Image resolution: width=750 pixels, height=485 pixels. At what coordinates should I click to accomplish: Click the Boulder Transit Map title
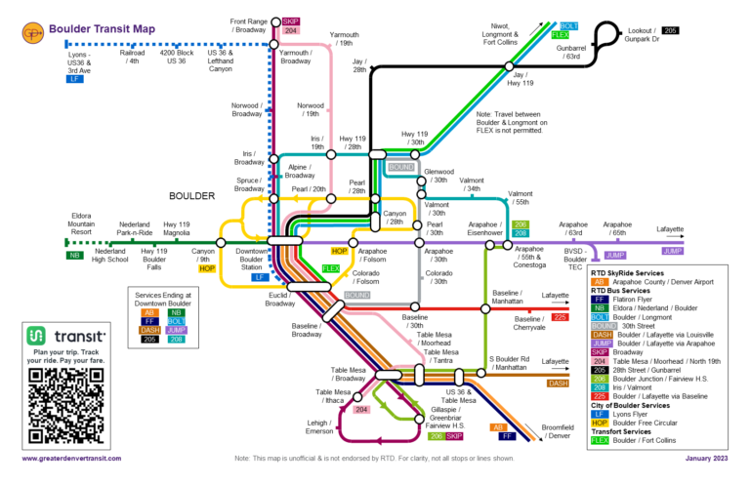coord(102,30)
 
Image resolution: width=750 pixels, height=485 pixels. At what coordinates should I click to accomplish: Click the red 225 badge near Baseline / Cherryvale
coord(560,317)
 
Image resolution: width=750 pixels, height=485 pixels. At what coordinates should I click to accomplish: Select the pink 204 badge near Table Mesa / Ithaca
coord(361,410)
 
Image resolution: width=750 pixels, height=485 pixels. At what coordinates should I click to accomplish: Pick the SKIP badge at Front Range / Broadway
coord(290,20)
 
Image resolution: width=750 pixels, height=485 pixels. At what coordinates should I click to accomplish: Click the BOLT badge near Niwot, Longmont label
coord(570,25)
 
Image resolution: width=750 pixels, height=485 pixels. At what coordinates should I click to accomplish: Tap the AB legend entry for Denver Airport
coord(601,281)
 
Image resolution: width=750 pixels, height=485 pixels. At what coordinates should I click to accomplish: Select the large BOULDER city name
coord(190,196)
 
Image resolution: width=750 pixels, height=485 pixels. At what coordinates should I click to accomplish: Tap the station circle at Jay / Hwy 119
coord(508,66)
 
